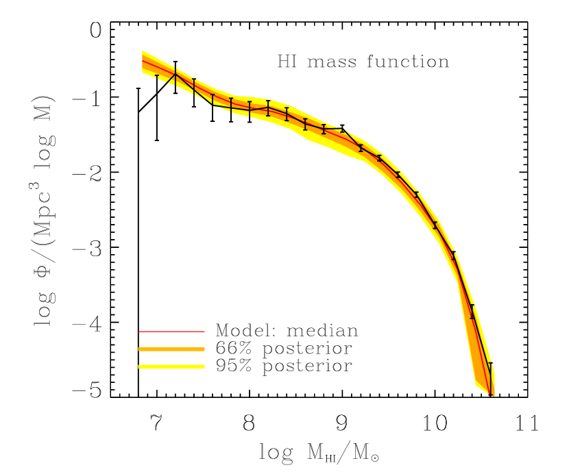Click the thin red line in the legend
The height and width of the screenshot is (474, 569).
coord(171,332)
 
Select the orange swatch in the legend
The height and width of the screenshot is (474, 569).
coord(171,349)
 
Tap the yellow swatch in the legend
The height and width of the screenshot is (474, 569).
coord(171,367)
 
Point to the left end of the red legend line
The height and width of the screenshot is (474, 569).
coord(139,332)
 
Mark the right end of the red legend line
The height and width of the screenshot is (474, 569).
coord(204,332)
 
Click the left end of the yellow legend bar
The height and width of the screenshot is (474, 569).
coord(139,367)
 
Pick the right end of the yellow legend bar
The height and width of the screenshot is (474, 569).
coord(204,367)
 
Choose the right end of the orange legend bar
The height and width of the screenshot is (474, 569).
coord(204,349)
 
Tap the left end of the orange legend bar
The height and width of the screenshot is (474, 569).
coord(139,349)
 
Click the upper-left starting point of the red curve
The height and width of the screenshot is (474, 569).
coord(143,61)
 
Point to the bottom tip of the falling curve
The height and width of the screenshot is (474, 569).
coord(491,395)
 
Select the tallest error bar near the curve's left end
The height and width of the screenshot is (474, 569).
coord(175,77)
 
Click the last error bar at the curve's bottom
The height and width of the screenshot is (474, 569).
coord(490,379)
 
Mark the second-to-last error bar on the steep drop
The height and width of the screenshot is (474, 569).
coord(472,312)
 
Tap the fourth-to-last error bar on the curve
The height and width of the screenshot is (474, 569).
coord(435,225)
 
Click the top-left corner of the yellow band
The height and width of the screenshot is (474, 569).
coord(143,51)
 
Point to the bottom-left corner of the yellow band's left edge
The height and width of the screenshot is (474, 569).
coord(143,72)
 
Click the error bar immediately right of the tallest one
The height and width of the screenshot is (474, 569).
coord(194,86)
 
